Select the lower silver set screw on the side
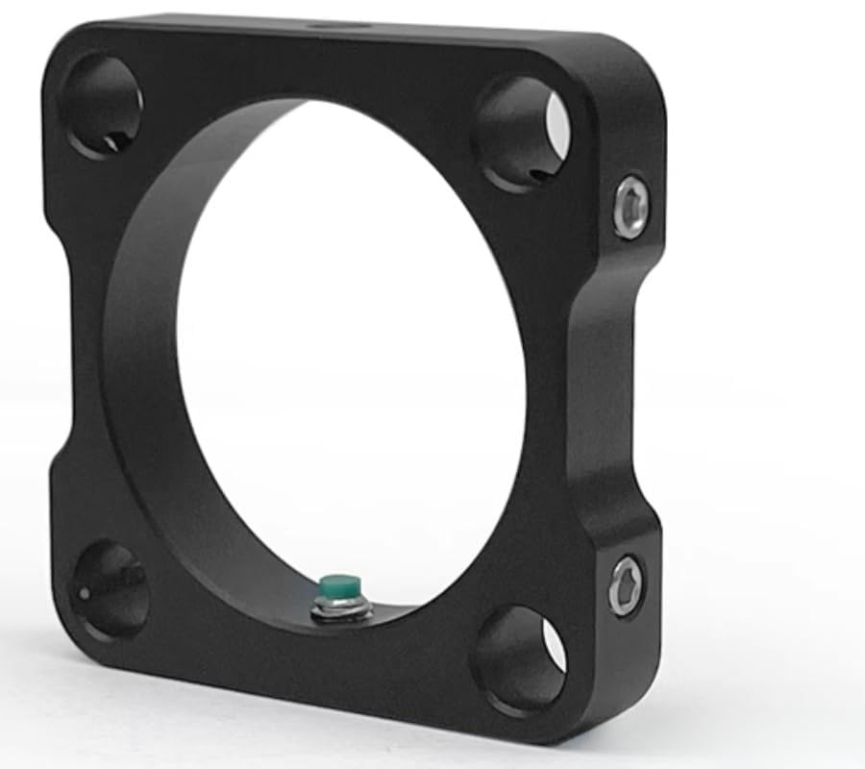(626, 583)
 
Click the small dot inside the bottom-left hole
(84, 593)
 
